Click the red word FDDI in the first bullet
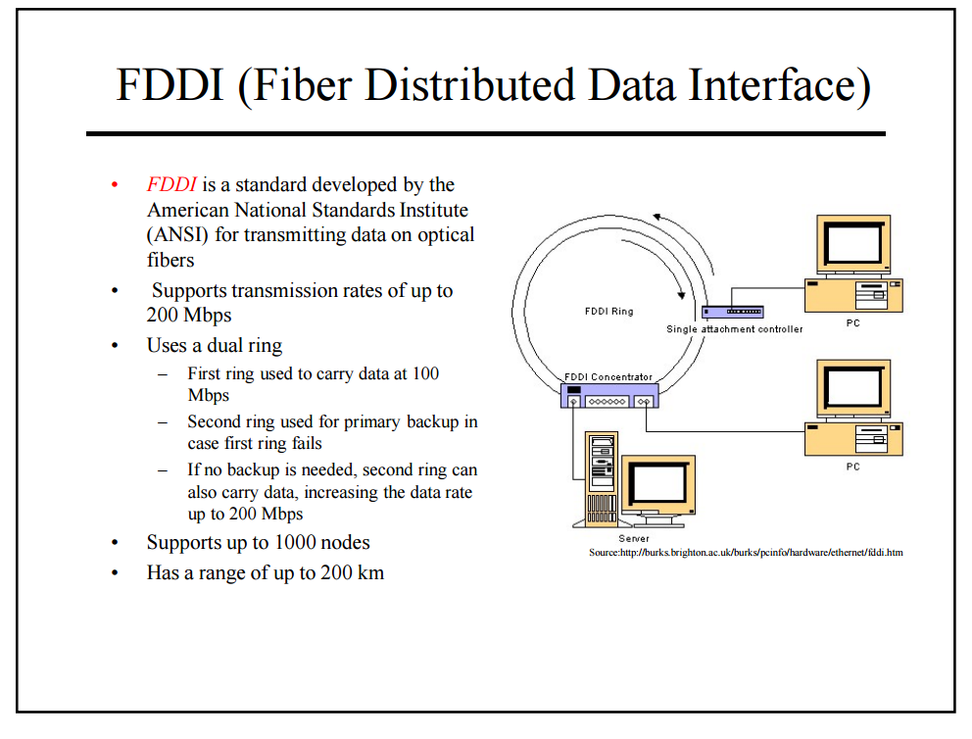click(x=171, y=184)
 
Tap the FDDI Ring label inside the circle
click(x=608, y=312)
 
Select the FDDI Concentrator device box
click(x=609, y=396)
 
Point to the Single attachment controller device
click(x=732, y=312)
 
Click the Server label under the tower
click(x=634, y=539)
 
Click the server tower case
click(x=602, y=479)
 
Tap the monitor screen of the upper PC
click(x=853, y=244)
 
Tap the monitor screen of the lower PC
click(x=853, y=388)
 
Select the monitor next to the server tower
click(x=658, y=487)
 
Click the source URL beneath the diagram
click(x=746, y=553)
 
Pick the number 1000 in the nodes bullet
click(x=295, y=542)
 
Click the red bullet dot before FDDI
click(x=115, y=184)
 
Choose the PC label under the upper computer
click(x=853, y=323)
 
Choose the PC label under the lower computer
click(x=853, y=467)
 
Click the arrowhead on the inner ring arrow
click(x=681, y=294)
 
